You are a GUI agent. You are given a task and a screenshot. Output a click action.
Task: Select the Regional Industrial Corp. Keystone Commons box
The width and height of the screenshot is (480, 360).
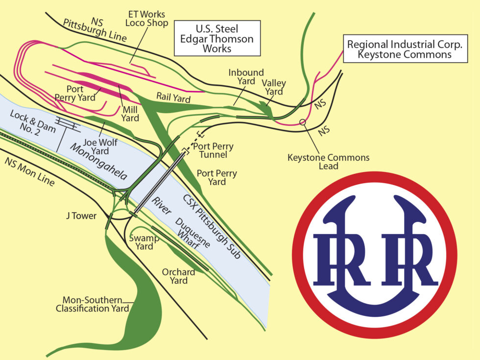click(404, 49)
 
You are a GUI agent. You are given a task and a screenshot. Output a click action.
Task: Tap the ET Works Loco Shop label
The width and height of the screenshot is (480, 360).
click(146, 18)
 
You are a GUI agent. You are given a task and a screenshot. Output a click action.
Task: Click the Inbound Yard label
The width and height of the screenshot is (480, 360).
click(246, 77)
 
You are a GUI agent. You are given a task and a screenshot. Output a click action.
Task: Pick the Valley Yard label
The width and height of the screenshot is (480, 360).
click(274, 88)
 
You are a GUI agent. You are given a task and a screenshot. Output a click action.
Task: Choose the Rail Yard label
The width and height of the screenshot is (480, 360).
click(174, 97)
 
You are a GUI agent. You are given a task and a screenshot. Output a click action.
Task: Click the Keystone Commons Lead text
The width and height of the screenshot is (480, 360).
click(328, 162)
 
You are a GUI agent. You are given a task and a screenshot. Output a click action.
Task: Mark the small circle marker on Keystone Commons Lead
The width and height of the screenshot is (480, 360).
click(303, 121)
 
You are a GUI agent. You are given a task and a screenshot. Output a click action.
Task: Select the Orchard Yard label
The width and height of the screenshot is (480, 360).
click(179, 276)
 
